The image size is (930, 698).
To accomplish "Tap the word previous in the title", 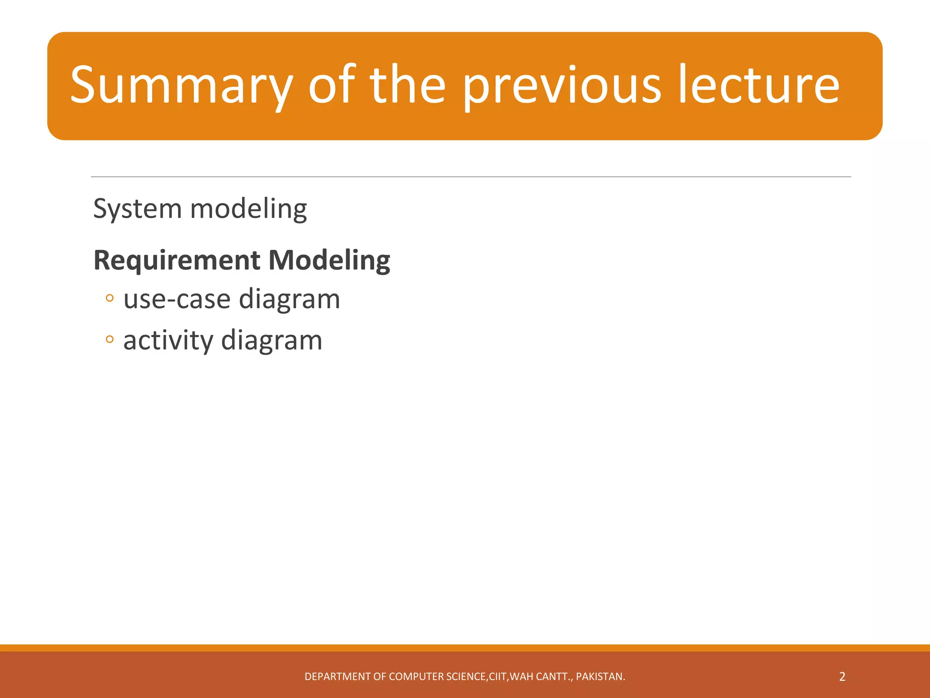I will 562,85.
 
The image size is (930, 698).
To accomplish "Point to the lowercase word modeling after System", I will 248,209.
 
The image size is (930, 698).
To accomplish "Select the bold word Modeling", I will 329,260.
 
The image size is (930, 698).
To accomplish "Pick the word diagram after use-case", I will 289,300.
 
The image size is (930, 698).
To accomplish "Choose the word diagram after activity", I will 272,341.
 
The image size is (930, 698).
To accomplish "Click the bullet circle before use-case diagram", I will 109,299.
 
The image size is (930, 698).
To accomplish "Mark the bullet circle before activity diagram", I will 109,339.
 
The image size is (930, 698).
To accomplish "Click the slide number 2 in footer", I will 842,677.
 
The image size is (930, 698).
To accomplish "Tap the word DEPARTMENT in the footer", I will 337,677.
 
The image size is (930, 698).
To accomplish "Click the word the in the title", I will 408,85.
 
